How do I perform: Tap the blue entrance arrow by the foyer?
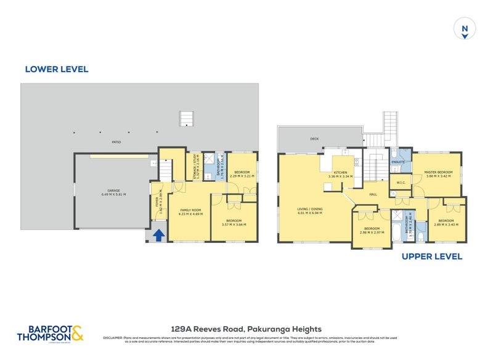point(158,234)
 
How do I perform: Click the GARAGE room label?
point(113,190)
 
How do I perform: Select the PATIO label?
point(116,142)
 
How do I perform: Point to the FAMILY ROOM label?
point(190,211)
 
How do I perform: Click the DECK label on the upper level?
point(314,139)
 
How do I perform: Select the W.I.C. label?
point(400,182)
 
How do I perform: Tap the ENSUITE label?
point(398,162)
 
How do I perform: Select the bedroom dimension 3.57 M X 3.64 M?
point(233,224)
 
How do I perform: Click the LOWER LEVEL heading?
point(57,69)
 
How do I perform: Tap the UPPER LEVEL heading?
point(431,256)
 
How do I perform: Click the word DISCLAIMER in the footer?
point(112,338)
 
